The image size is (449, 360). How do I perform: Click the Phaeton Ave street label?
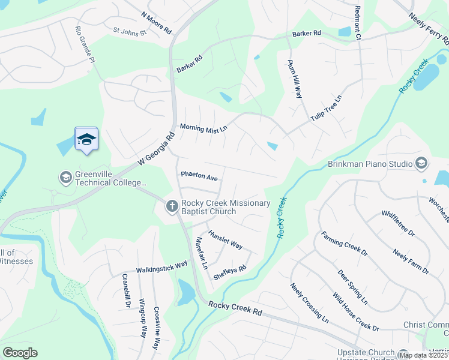click(x=199, y=178)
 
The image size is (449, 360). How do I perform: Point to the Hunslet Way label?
click(x=225, y=239)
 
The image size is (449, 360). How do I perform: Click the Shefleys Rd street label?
click(x=230, y=273)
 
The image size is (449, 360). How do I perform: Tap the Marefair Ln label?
click(x=201, y=253)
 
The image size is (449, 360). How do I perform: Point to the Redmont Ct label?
click(x=358, y=23)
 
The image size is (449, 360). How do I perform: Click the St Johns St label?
click(x=130, y=30)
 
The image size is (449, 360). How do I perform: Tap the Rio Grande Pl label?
click(x=85, y=44)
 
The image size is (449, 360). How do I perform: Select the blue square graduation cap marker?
click(x=86, y=139)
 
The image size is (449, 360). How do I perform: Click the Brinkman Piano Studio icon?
click(x=421, y=164)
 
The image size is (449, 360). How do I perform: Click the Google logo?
click(x=20, y=353)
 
